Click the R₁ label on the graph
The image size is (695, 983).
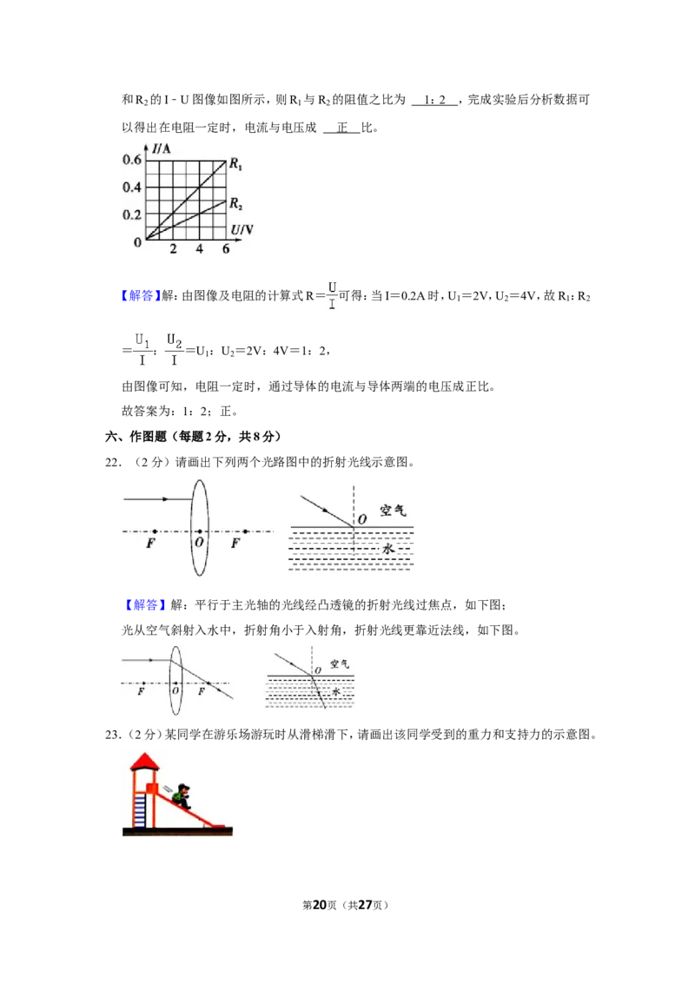235,164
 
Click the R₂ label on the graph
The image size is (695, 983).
235,204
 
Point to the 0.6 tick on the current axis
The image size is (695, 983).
132,160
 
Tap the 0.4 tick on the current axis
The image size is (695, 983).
132,188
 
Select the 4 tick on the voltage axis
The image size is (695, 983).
200,249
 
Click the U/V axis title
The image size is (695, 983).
242,230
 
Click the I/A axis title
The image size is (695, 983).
161,148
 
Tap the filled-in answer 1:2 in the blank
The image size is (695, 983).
434,100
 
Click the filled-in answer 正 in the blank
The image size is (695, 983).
342,128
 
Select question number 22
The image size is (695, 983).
113,463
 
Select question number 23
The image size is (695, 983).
113,735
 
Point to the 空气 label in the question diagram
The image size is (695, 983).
393,511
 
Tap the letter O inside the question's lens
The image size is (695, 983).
200,542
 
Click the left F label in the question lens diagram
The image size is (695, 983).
150,543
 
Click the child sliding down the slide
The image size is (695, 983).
182,796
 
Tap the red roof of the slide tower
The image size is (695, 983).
145,761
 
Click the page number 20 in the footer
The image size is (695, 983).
320,905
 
